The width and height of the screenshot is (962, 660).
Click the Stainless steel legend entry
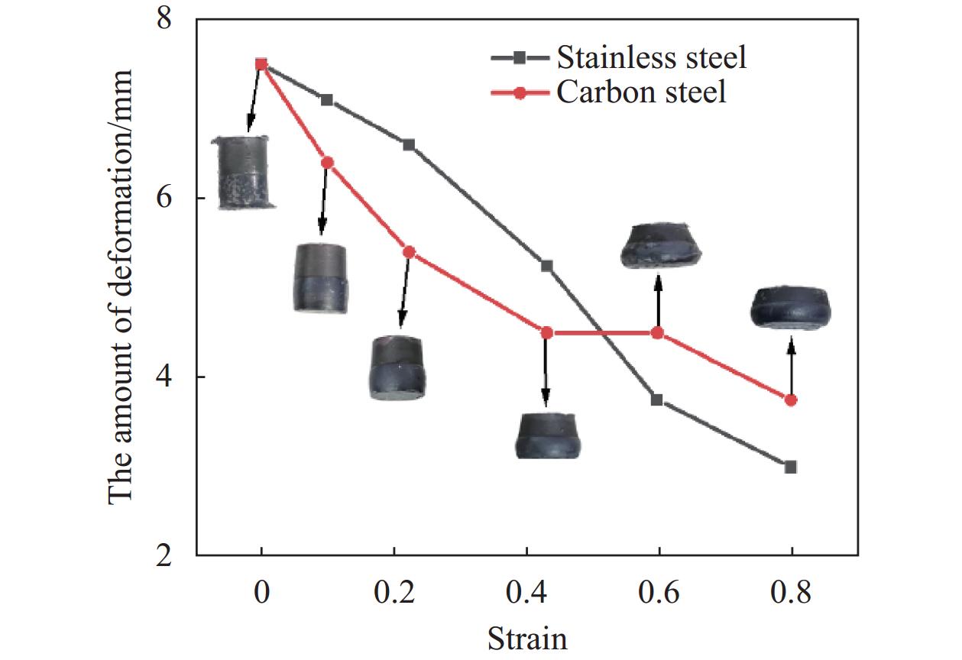click(651, 57)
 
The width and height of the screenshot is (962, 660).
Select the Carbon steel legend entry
click(640, 93)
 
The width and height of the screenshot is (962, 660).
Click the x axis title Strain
click(527, 638)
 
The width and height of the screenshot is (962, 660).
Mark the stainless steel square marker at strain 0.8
click(791, 467)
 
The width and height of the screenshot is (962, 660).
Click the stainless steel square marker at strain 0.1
click(327, 100)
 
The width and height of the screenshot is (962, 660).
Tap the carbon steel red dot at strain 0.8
click(791, 400)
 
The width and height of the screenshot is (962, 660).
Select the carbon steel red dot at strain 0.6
click(657, 333)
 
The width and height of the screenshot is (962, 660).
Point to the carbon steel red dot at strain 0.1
click(327, 163)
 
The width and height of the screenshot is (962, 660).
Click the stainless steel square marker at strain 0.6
click(657, 400)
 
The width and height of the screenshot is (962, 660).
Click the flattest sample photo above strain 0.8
click(791, 309)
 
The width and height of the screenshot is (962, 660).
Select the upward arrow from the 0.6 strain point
click(657, 302)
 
